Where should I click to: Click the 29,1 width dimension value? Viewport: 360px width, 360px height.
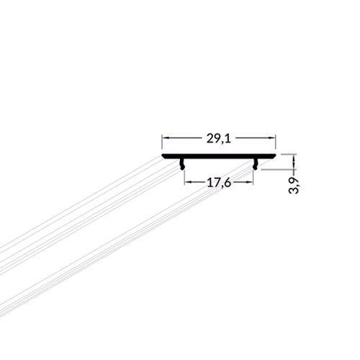(219, 139)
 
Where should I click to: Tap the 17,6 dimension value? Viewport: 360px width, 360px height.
(219, 184)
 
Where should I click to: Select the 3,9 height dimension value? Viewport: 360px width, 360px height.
(294, 186)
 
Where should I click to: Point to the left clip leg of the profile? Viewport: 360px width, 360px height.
(182, 164)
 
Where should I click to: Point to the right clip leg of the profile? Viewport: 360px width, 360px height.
(255, 164)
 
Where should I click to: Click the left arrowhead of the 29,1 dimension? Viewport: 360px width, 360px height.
(166, 138)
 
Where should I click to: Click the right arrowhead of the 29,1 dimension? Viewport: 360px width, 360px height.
(272, 138)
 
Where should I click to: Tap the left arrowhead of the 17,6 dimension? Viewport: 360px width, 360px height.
(188, 182)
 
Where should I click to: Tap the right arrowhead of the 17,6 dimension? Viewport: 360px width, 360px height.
(250, 182)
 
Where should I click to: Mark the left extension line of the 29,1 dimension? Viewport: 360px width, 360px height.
(162, 143)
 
